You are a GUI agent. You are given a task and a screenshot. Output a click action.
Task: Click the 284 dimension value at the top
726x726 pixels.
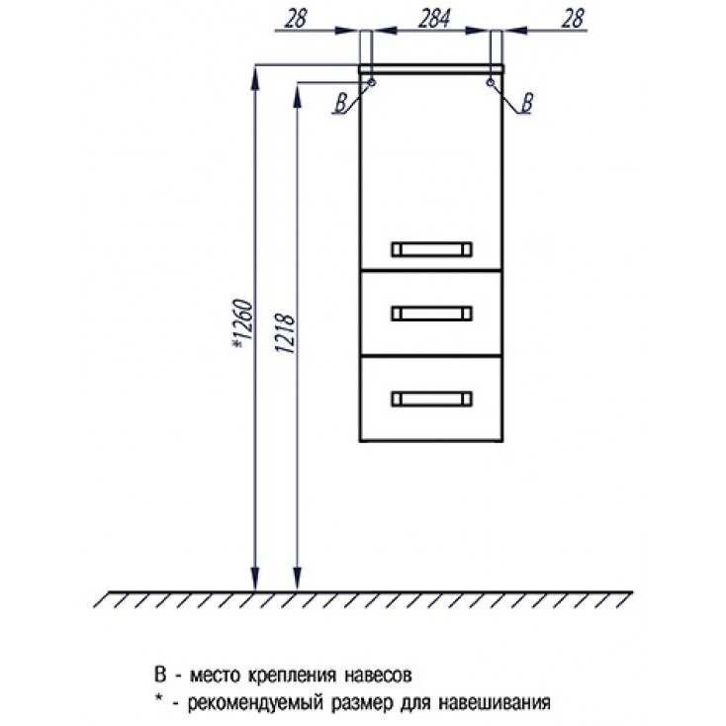coord(434,19)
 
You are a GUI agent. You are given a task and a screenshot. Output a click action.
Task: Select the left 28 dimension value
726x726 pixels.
coord(296,19)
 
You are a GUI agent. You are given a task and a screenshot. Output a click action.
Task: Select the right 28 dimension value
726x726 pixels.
coord(573,19)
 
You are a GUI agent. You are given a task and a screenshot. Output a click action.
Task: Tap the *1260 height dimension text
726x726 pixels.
coord(242,324)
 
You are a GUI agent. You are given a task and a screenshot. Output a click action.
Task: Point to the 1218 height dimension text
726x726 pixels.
coord(285,334)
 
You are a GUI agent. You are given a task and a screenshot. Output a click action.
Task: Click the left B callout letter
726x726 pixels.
coord(341,103)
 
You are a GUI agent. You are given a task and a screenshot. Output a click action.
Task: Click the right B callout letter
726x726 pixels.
coord(527,103)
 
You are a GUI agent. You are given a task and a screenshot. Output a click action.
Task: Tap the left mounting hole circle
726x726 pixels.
coord(371,82)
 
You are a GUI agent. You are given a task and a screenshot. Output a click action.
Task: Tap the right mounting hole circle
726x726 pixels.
coord(491,82)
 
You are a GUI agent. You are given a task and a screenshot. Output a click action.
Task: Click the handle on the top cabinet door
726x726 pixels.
coord(431,249)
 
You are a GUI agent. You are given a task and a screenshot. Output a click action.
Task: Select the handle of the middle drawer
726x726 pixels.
coord(431,314)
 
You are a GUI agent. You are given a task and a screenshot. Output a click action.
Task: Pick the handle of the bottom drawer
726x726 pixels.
coord(431,399)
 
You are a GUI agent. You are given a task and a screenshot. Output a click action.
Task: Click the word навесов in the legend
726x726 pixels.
coord(378,676)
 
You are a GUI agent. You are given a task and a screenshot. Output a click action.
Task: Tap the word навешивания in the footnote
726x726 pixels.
coord(495,703)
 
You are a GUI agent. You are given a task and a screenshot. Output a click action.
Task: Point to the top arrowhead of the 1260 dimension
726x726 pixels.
coord(254,79)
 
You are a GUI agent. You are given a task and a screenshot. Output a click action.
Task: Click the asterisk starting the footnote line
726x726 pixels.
coord(158,700)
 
